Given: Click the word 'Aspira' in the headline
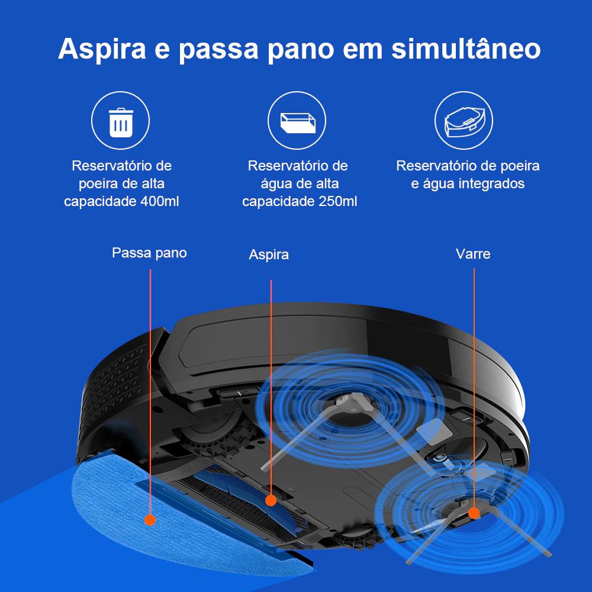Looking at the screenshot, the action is coord(102,49).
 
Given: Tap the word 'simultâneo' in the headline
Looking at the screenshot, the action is coord(466,49).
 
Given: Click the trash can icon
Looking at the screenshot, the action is coord(121,123).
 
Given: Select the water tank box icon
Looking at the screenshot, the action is coord(298,123).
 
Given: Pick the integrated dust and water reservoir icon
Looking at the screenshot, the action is coord(464,121).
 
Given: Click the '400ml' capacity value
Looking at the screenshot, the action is coord(159,201).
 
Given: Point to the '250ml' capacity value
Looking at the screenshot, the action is coord(337,201).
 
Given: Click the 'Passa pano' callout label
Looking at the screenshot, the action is coord(150,253).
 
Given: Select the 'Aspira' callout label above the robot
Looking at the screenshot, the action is coord(269,255).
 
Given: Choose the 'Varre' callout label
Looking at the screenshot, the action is coord(473,254).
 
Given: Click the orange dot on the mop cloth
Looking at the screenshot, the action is coord(150,520).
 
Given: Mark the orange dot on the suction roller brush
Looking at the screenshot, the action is coord(271,501).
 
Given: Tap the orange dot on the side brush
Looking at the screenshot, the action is coord(474,513).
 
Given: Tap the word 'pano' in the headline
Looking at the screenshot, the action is coord(301,50).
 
